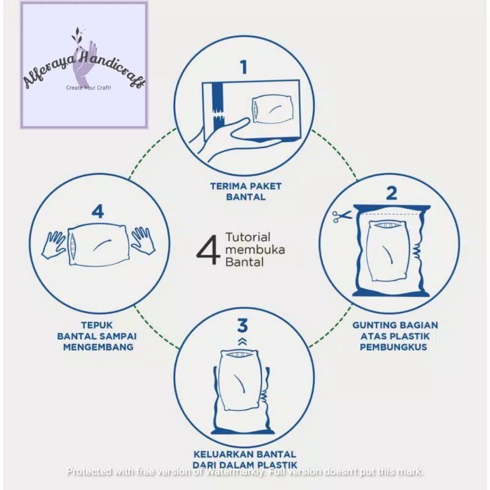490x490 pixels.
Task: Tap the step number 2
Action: [x=391, y=193]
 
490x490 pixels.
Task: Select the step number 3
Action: [x=243, y=325]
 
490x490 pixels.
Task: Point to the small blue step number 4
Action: [x=98, y=211]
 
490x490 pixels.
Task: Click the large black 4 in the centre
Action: [x=208, y=250]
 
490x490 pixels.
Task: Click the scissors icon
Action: [x=342, y=216]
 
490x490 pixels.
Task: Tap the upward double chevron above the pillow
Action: [x=243, y=341]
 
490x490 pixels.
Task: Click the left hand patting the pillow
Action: [x=54, y=244]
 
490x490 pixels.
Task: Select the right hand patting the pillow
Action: [x=143, y=240]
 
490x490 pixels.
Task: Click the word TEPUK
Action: [x=97, y=325]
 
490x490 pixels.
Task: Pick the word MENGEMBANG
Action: [x=98, y=347]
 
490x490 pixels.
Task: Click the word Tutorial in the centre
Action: [x=248, y=237]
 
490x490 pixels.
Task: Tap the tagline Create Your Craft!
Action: [x=88, y=88]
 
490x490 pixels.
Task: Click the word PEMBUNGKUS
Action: [x=393, y=347]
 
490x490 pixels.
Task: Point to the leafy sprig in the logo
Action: [x=77, y=37]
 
